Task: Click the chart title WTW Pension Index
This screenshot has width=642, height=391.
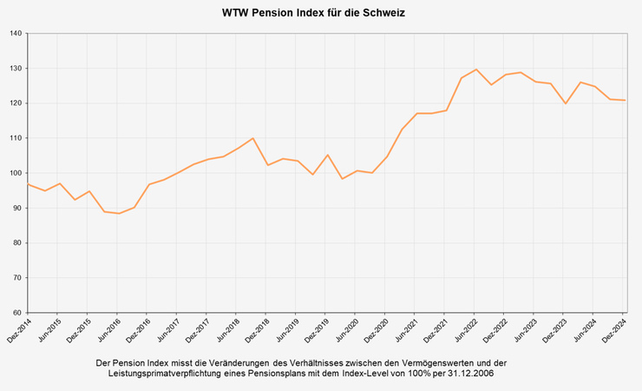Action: (x=313, y=14)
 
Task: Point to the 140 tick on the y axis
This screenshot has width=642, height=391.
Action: (x=16, y=34)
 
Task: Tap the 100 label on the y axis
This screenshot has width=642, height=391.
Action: (x=16, y=173)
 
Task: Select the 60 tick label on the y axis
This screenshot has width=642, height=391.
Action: (x=17, y=313)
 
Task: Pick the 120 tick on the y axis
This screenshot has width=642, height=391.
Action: (x=16, y=103)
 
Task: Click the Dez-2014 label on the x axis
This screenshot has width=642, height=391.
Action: (x=19, y=331)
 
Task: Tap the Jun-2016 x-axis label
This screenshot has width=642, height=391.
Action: (x=108, y=331)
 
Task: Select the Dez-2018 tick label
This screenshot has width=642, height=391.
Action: (x=257, y=331)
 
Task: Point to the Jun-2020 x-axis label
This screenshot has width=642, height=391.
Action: (x=346, y=331)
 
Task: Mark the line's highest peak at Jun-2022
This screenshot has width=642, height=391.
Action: (x=476, y=70)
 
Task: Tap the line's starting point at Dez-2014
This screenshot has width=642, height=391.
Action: (x=29, y=184)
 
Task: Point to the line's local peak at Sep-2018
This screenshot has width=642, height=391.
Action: (x=252, y=138)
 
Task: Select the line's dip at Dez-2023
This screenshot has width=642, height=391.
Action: (x=565, y=103)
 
